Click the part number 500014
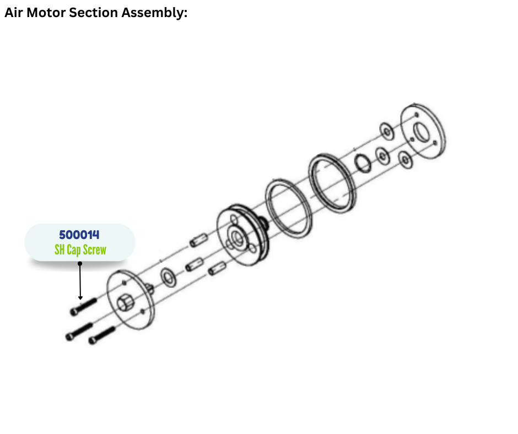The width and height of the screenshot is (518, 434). click(x=79, y=235)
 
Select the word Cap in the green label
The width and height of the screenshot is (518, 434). click(x=72, y=250)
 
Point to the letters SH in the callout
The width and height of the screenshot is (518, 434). click(x=60, y=250)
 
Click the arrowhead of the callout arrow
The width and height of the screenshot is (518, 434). click(x=80, y=298)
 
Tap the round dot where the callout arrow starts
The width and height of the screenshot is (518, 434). click(x=80, y=263)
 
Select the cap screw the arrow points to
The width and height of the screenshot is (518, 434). click(x=83, y=306)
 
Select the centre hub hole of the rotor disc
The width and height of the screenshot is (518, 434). click(x=239, y=237)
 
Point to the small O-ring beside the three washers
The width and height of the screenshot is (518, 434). click(x=362, y=163)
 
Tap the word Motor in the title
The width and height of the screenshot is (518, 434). click(x=46, y=13)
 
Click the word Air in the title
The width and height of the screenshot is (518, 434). click(x=14, y=13)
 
